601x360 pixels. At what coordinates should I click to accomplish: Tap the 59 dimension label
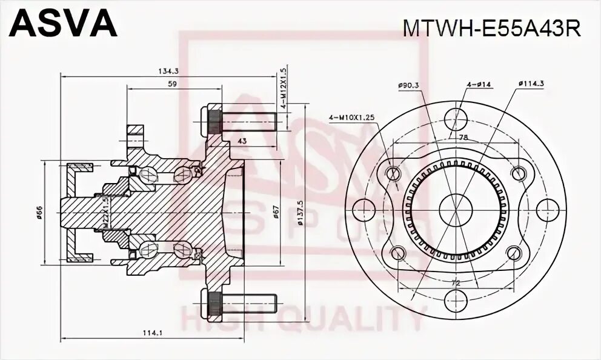[171, 84]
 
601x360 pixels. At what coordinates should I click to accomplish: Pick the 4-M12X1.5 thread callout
[283, 88]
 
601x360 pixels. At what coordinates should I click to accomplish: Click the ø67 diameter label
[276, 212]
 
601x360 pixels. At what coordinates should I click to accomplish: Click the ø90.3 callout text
[409, 86]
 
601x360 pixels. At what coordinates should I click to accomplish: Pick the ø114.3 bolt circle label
[531, 86]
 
